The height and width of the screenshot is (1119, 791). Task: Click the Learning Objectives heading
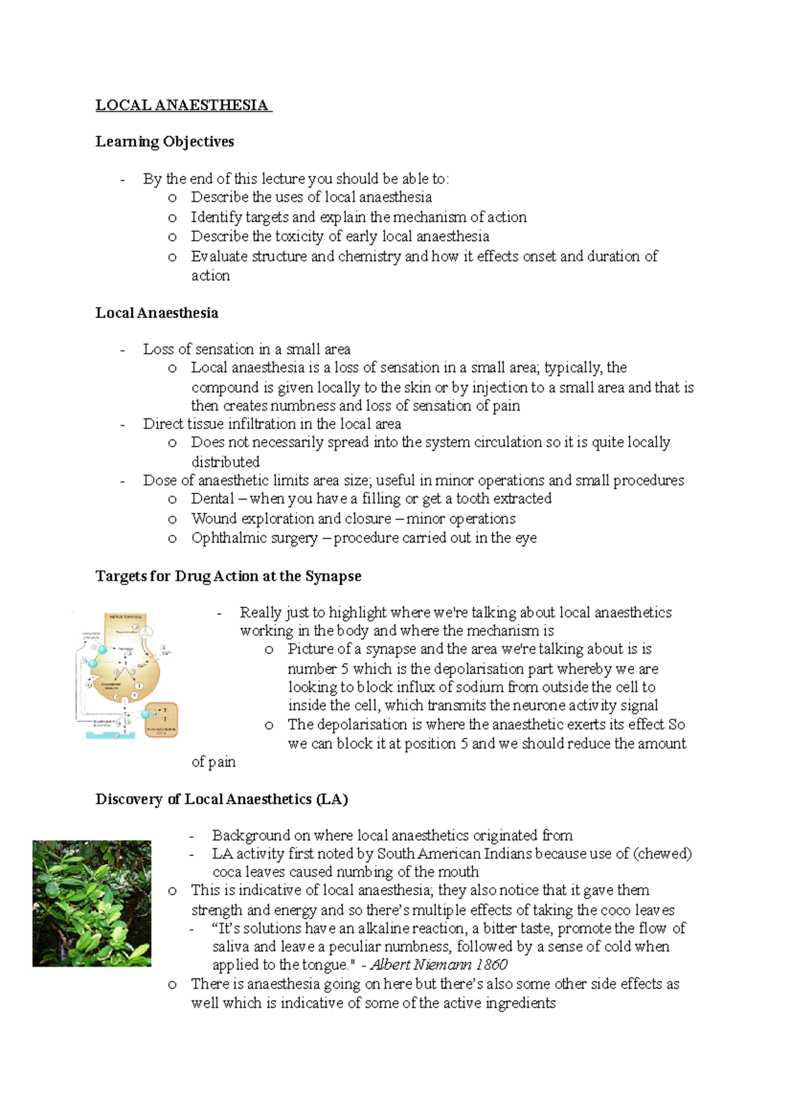click(x=165, y=142)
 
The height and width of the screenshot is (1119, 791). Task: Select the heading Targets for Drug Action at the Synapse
click(x=228, y=576)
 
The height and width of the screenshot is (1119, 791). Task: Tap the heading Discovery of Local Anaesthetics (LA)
click(x=221, y=799)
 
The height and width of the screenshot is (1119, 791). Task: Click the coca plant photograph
click(x=92, y=903)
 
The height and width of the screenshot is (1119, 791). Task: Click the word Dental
click(x=212, y=499)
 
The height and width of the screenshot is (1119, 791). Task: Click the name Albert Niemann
click(x=421, y=965)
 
